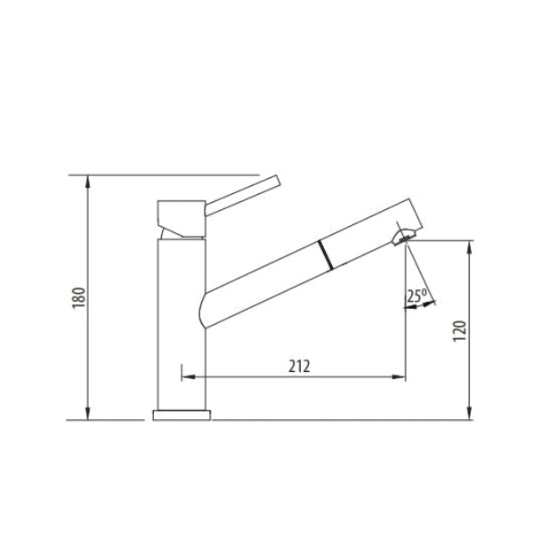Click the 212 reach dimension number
pyautogui.click(x=299, y=366)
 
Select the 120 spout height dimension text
pyautogui.click(x=459, y=330)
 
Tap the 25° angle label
pyautogui.click(x=417, y=295)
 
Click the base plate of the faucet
pyautogui.click(x=182, y=415)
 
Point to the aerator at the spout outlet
pyautogui.click(x=403, y=237)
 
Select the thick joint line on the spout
pyautogui.click(x=325, y=255)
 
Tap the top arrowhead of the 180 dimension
pyautogui.click(x=88, y=181)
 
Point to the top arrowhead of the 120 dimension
pyautogui.click(x=469, y=247)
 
